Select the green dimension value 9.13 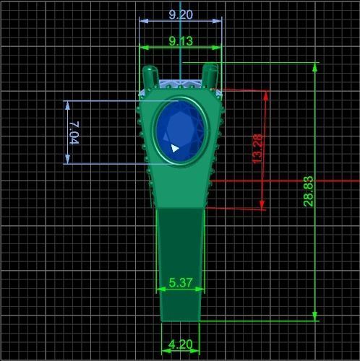(180, 41)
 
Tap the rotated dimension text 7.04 (75, 132)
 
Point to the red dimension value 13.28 (257, 148)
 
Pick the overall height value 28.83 (309, 191)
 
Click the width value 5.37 (180, 283)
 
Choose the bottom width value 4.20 (180, 344)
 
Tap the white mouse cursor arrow (174, 148)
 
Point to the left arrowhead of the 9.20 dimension (142, 21)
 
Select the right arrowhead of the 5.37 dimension (199, 290)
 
